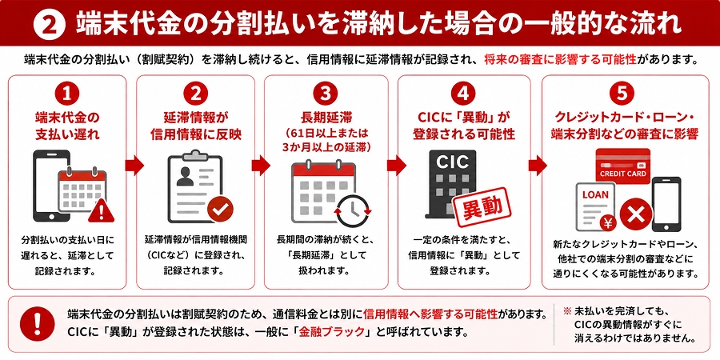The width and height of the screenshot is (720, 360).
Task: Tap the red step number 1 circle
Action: (x=67, y=94)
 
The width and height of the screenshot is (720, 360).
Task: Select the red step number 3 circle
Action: (x=326, y=94)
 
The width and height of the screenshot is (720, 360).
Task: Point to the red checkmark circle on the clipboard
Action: (x=220, y=210)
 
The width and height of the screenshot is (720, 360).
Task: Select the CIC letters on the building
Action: (x=452, y=162)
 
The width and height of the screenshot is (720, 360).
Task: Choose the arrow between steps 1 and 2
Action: (x=134, y=165)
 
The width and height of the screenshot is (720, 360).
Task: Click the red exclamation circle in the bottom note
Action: (x=38, y=324)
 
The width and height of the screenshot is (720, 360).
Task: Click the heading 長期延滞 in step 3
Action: (x=325, y=118)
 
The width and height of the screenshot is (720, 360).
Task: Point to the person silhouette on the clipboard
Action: (x=185, y=176)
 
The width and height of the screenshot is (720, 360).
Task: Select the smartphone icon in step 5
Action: (x=666, y=204)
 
